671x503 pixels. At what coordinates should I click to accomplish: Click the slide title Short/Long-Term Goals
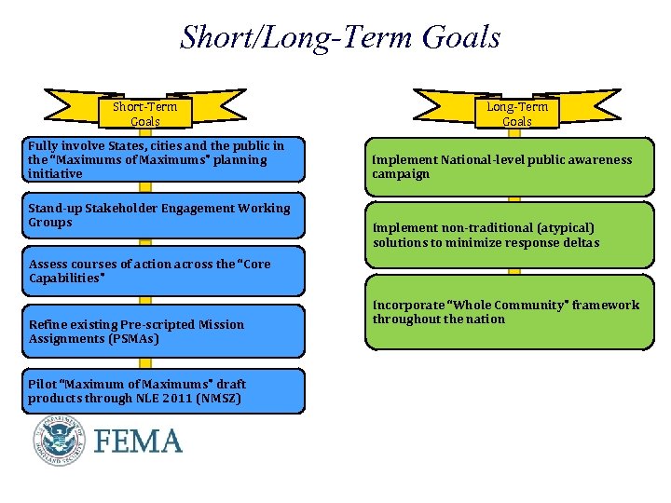coord(340,38)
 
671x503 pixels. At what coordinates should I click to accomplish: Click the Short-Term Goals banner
coord(144,114)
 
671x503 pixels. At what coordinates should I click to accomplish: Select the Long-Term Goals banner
coord(516,114)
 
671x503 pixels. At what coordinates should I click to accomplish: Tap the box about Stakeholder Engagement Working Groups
coord(165,216)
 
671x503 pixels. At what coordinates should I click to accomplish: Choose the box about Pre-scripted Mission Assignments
coord(165,332)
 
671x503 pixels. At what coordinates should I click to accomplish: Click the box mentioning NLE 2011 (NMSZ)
coord(165,391)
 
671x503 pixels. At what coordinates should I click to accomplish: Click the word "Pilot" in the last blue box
coord(42,384)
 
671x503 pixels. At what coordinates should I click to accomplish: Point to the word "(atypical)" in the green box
coord(563,227)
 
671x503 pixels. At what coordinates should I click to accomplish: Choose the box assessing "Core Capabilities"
coord(165,271)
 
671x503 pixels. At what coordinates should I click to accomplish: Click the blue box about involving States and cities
coord(165,159)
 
